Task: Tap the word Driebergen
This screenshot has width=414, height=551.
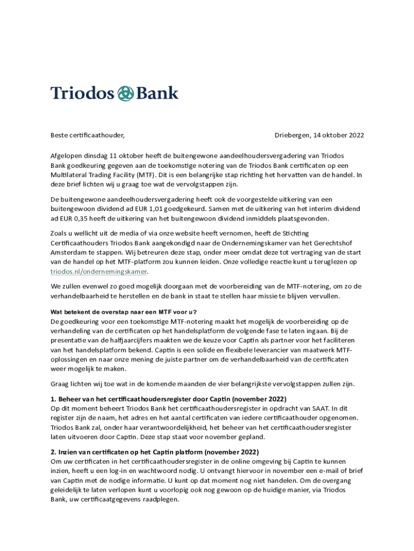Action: [292, 135]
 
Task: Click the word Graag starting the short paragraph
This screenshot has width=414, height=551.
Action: [61, 384]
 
